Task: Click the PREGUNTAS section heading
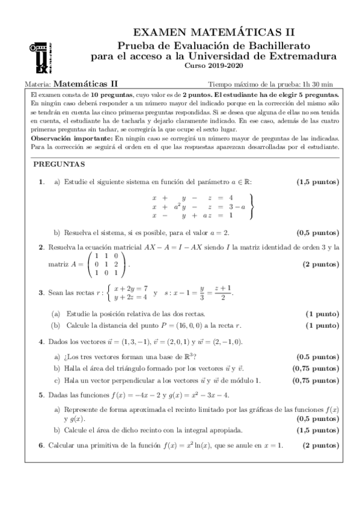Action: click(58, 164)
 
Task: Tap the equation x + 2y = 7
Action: click(130, 289)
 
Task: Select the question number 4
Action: click(40, 342)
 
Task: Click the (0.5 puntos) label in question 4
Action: click(319, 356)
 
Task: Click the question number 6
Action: click(40, 445)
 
